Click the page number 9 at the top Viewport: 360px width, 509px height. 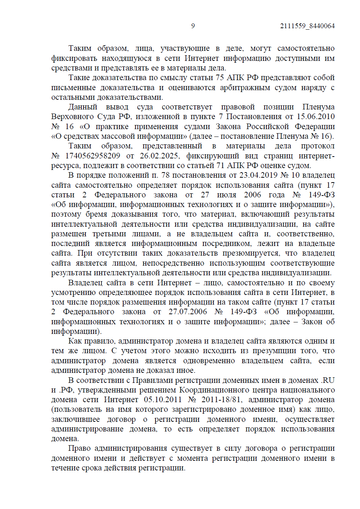[x=193, y=26]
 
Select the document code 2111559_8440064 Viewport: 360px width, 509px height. [x=307, y=26]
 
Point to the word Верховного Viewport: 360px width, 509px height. [x=72, y=116]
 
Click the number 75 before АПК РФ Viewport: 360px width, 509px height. [x=220, y=78]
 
